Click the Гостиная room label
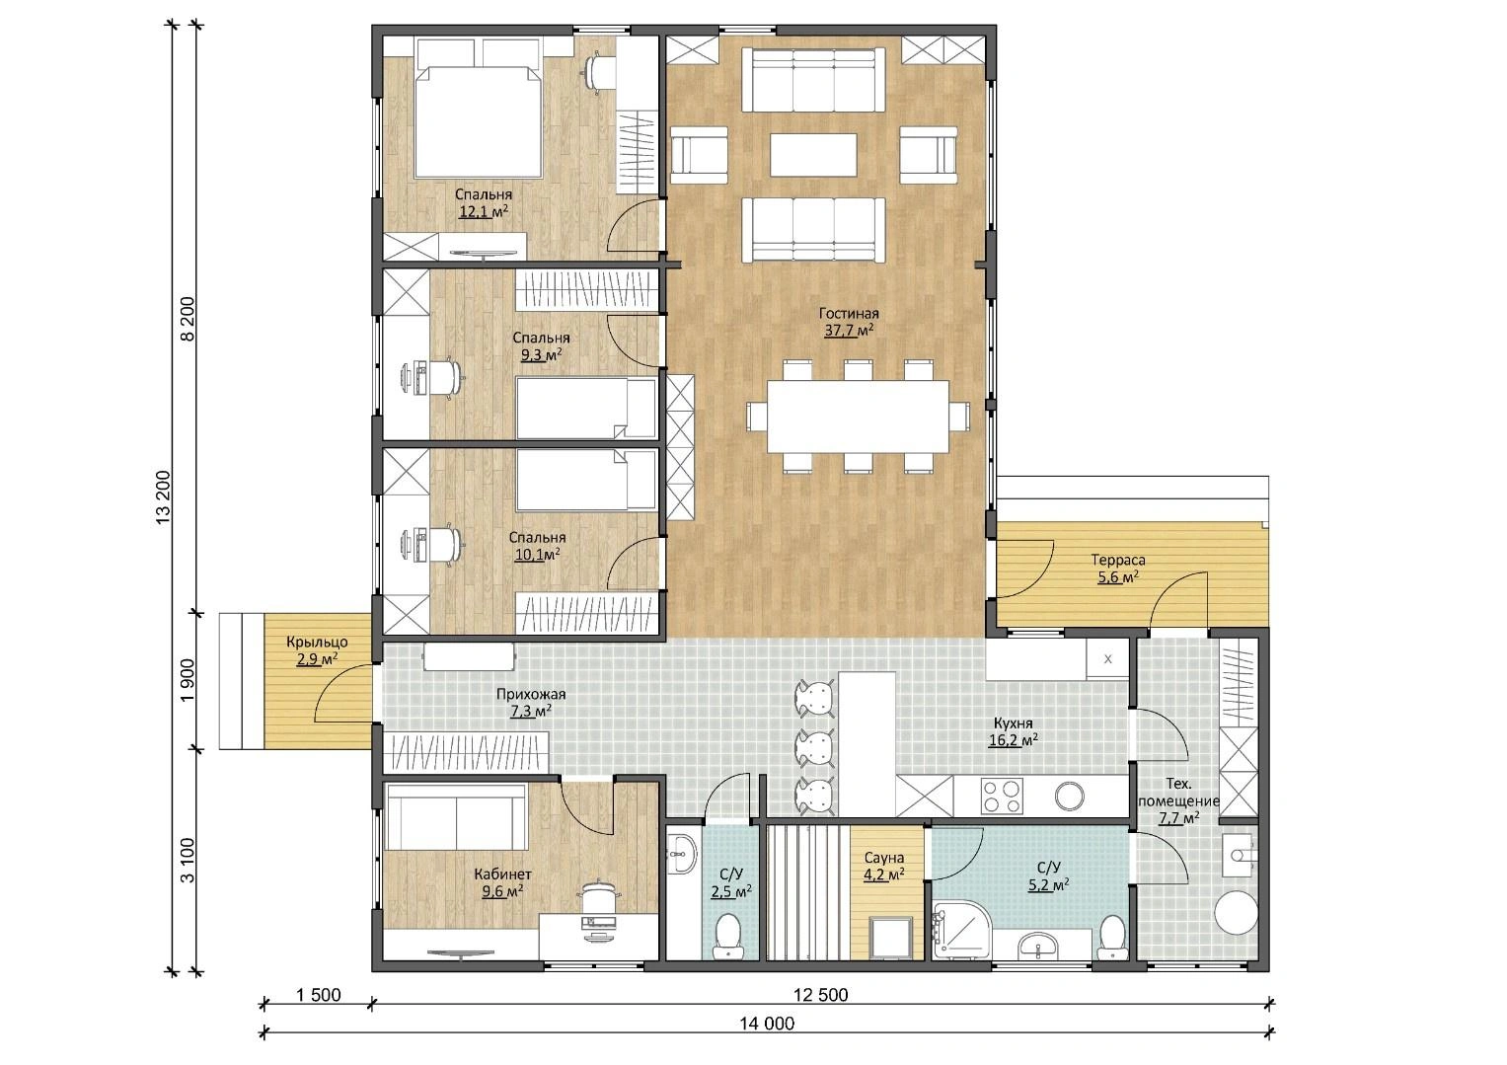pyautogui.click(x=849, y=314)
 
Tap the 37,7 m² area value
pyautogui.click(x=849, y=331)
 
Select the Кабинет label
pyautogui.click(x=502, y=875)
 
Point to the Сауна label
pyautogui.click(x=884, y=859)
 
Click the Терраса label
pyautogui.click(x=1117, y=560)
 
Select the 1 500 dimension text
pyautogui.click(x=318, y=995)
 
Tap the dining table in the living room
pyautogui.click(x=858, y=418)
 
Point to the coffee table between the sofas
pyautogui.click(x=813, y=155)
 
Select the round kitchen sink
pyautogui.click(x=1069, y=797)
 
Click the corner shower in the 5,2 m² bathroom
pyautogui.click(x=962, y=929)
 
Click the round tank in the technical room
pyautogui.click(x=1236, y=912)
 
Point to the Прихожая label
pyautogui.click(x=531, y=694)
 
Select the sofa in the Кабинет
pyautogui.click(x=456, y=819)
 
